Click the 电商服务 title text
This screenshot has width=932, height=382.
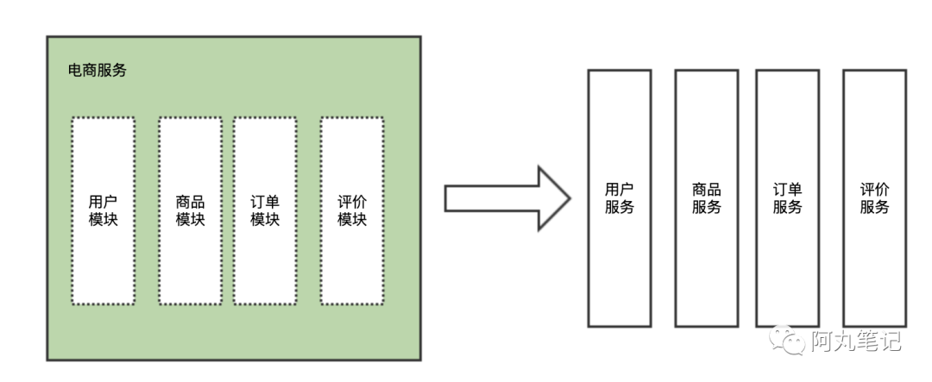(98, 71)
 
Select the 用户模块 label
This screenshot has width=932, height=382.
(104, 210)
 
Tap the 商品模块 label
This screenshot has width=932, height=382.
(190, 210)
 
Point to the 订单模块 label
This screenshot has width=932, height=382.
(265, 210)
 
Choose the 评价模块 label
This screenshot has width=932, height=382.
(352, 210)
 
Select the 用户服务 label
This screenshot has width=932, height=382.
(619, 198)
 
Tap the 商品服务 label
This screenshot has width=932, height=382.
(707, 198)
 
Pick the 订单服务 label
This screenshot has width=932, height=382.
(787, 198)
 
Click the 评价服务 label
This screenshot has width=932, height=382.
(875, 198)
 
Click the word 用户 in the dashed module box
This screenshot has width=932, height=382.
(104, 202)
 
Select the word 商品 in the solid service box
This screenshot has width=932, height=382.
(707, 190)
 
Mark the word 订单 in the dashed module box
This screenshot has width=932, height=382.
(265, 202)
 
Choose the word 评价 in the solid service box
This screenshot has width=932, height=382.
(875, 190)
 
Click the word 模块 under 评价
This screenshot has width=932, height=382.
(352, 220)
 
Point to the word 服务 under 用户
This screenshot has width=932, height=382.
(619, 208)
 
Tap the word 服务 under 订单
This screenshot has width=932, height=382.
(787, 208)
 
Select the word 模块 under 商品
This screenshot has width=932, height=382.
(190, 220)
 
